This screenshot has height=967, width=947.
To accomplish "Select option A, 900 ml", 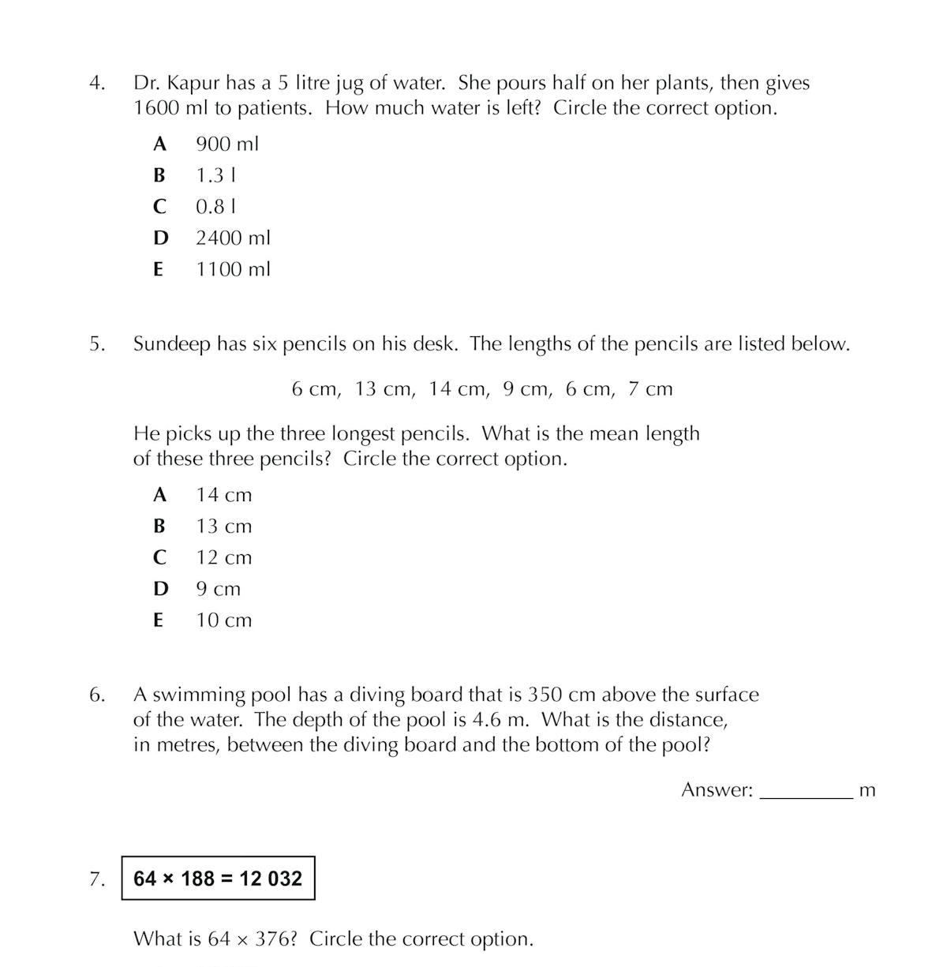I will pyautogui.click(x=226, y=144).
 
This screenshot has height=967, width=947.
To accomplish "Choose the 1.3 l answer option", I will pyautogui.click(x=216, y=175).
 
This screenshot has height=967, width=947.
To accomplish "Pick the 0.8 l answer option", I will pyautogui.click(x=216, y=207).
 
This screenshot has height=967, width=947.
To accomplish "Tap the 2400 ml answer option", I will pyautogui.click(x=233, y=238).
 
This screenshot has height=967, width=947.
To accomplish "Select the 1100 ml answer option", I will pyautogui.click(x=233, y=269).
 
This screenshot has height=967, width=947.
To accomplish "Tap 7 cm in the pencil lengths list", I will pyautogui.click(x=650, y=389).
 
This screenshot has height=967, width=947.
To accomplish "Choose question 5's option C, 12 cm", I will pyautogui.click(x=223, y=558).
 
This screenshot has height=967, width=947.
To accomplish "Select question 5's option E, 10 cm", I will pyautogui.click(x=223, y=620).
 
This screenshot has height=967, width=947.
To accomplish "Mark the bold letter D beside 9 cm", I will pyautogui.click(x=160, y=589).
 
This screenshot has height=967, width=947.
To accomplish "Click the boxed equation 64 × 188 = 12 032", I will pyautogui.click(x=218, y=879).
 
